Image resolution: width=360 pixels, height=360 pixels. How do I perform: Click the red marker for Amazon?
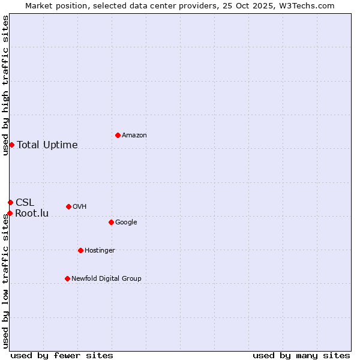click(118, 135)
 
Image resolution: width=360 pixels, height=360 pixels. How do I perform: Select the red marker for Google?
click(111, 222)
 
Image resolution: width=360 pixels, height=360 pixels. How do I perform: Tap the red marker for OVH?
click(68, 206)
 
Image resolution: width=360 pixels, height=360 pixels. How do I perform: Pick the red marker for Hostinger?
click(80, 250)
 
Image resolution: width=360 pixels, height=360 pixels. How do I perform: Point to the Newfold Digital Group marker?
click(67, 278)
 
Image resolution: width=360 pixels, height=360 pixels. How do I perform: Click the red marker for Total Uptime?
click(11, 145)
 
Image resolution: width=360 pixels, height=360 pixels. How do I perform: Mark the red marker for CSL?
click(10, 202)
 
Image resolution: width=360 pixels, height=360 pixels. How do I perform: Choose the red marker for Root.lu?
click(10, 213)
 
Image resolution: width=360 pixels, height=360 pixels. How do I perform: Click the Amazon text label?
click(134, 136)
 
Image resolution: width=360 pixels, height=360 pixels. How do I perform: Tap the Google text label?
click(126, 223)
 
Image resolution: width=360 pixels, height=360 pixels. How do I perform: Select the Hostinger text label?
click(100, 251)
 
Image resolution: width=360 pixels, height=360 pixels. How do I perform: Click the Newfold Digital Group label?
click(106, 279)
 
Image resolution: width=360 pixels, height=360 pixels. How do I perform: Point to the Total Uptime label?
click(47, 145)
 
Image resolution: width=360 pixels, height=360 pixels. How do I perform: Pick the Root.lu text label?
click(32, 214)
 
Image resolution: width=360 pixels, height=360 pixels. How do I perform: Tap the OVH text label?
click(80, 207)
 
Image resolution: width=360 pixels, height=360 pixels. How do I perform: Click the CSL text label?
click(25, 203)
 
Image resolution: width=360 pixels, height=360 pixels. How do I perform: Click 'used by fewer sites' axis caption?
click(62, 355)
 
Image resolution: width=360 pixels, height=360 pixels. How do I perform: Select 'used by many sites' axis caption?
click(301, 355)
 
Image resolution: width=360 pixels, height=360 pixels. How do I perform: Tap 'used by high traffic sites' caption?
click(5, 85)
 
